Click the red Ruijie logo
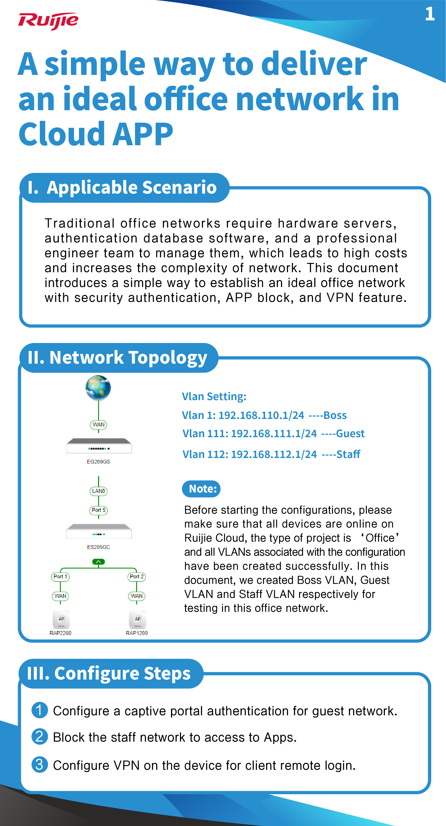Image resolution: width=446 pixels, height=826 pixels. tap(48, 21)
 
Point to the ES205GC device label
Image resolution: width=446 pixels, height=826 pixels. tap(98, 547)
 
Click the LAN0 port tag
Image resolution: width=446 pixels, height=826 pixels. tap(98, 491)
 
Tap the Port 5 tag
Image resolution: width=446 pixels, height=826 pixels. tap(98, 510)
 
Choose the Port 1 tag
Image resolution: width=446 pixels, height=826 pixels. tap(60, 576)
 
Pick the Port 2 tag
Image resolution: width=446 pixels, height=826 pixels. tap(137, 576)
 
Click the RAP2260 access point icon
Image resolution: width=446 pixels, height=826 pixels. tap(61, 619)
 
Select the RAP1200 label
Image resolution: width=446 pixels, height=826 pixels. tap(137, 633)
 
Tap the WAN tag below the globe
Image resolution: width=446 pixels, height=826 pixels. tap(98, 424)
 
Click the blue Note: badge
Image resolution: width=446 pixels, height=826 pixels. tap(201, 489)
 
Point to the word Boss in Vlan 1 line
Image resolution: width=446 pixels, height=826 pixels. tap(335, 415)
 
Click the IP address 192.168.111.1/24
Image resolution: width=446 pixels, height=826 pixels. tap(274, 434)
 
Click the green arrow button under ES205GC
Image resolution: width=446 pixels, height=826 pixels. tap(98, 562)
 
